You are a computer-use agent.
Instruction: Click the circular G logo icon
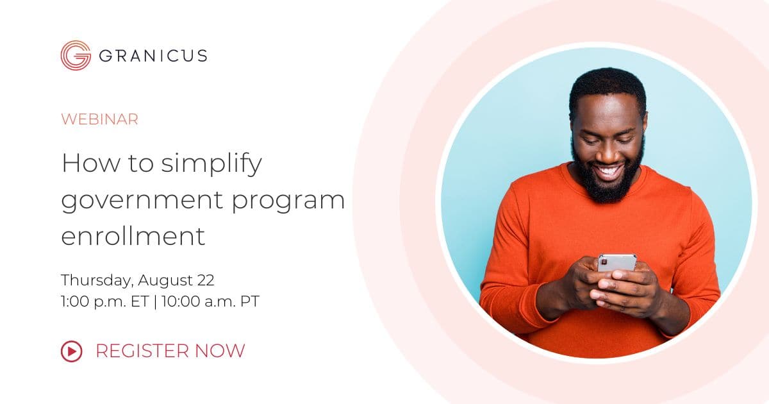76,55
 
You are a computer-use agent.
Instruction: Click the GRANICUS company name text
153,56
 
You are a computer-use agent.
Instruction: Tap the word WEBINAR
99,119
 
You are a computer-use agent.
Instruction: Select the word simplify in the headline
211,164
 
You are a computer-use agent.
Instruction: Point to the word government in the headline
142,201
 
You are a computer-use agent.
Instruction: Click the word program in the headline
288,201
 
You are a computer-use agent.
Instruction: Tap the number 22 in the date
206,280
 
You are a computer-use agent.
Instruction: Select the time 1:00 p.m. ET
104,301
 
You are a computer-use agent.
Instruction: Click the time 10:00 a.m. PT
210,301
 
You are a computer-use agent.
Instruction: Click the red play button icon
71,351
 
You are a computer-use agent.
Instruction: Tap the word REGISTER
142,351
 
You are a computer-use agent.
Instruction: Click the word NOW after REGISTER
220,351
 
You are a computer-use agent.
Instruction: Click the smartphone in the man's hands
617,263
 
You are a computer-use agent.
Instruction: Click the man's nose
607,152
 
